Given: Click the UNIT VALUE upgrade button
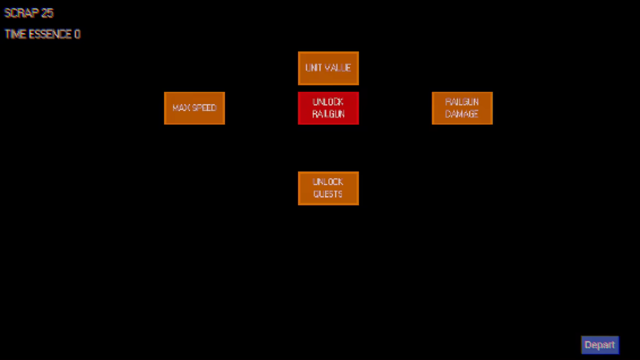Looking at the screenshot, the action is pyautogui.click(x=328, y=68).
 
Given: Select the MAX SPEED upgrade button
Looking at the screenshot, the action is pyautogui.click(x=194, y=108).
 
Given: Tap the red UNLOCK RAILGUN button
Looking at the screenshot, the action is pyautogui.click(x=328, y=108).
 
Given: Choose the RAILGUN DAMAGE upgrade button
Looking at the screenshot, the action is pyautogui.click(x=462, y=108).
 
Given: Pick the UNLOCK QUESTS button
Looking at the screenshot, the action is pyautogui.click(x=328, y=188).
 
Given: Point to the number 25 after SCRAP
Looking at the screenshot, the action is pyautogui.click(x=47, y=13).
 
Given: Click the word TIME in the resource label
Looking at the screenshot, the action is pyautogui.click(x=15, y=34).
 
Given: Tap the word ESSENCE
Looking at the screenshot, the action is pyautogui.click(x=50, y=34).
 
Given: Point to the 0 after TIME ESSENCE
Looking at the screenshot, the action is pyautogui.click(x=77, y=34).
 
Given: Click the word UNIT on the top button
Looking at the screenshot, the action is pyautogui.click(x=313, y=68).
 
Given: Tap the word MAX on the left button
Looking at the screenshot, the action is pyautogui.click(x=180, y=108).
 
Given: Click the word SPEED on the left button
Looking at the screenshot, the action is pyautogui.click(x=203, y=108).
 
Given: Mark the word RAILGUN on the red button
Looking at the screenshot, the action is pyautogui.click(x=328, y=114).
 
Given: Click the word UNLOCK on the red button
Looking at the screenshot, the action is pyautogui.click(x=328, y=102).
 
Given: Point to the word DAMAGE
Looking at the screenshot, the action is pyautogui.click(x=462, y=114).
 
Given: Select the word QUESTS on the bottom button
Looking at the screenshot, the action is pyautogui.click(x=328, y=194).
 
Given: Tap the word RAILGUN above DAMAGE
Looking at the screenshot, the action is pyautogui.click(x=462, y=102).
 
